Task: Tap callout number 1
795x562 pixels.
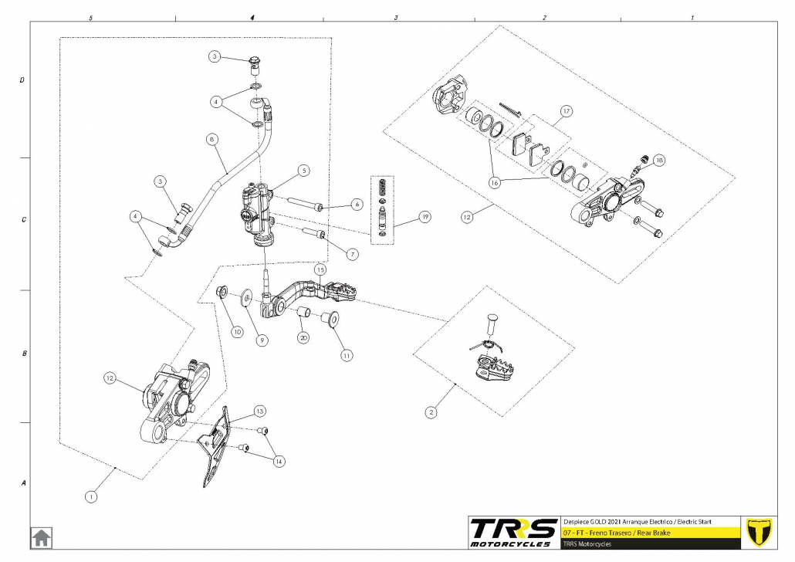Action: [91, 497]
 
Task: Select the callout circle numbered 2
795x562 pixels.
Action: [431, 411]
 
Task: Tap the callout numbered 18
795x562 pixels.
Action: [658, 161]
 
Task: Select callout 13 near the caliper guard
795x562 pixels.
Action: [259, 411]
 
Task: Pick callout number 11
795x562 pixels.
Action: [347, 356]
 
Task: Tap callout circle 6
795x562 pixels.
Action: [357, 205]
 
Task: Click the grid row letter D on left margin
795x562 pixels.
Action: [22, 80]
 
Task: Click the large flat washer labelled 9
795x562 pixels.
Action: [246, 297]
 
